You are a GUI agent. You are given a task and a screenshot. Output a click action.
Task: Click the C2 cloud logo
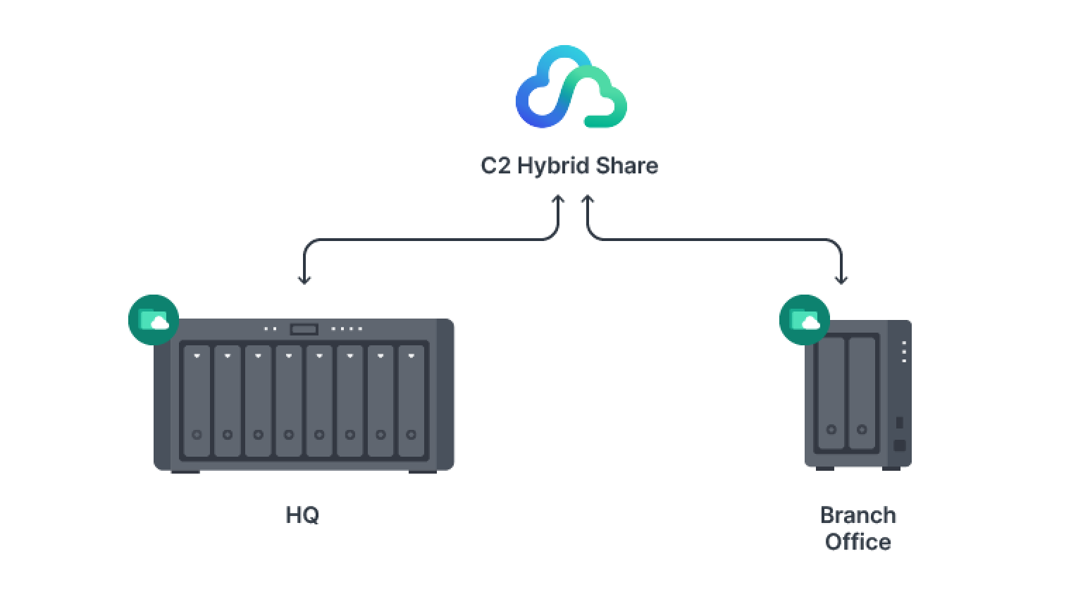pyautogui.click(x=571, y=87)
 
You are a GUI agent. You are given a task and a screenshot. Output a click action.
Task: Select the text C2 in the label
pyautogui.click(x=495, y=166)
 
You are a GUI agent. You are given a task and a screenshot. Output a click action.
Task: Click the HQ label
pyautogui.click(x=303, y=515)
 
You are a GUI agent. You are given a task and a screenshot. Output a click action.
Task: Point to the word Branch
pyautogui.click(x=858, y=515)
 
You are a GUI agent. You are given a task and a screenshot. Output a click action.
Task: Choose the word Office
pyautogui.click(x=858, y=542)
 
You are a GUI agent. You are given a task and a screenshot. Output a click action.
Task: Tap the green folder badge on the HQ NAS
pyautogui.click(x=154, y=320)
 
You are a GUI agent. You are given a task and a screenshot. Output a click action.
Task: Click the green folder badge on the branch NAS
pyautogui.click(x=805, y=320)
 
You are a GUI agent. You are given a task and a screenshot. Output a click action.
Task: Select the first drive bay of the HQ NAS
pyautogui.click(x=197, y=400)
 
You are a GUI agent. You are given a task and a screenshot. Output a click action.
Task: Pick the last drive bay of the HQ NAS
pyautogui.click(x=411, y=400)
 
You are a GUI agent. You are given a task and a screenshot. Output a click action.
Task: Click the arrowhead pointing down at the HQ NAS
pyautogui.click(x=304, y=280)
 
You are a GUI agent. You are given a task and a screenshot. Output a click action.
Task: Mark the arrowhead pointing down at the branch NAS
pyautogui.click(x=841, y=280)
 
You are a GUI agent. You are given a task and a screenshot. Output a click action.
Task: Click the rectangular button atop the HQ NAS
pyautogui.click(x=304, y=329)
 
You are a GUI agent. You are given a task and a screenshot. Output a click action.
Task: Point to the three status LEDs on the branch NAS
pyautogui.click(x=905, y=352)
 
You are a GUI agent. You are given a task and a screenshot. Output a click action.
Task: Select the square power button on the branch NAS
pyautogui.click(x=899, y=445)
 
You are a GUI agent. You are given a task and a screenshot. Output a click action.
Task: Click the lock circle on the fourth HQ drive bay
pyautogui.click(x=289, y=435)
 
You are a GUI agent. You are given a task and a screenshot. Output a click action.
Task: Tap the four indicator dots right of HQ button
pyautogui.click(x=347, y=329)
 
